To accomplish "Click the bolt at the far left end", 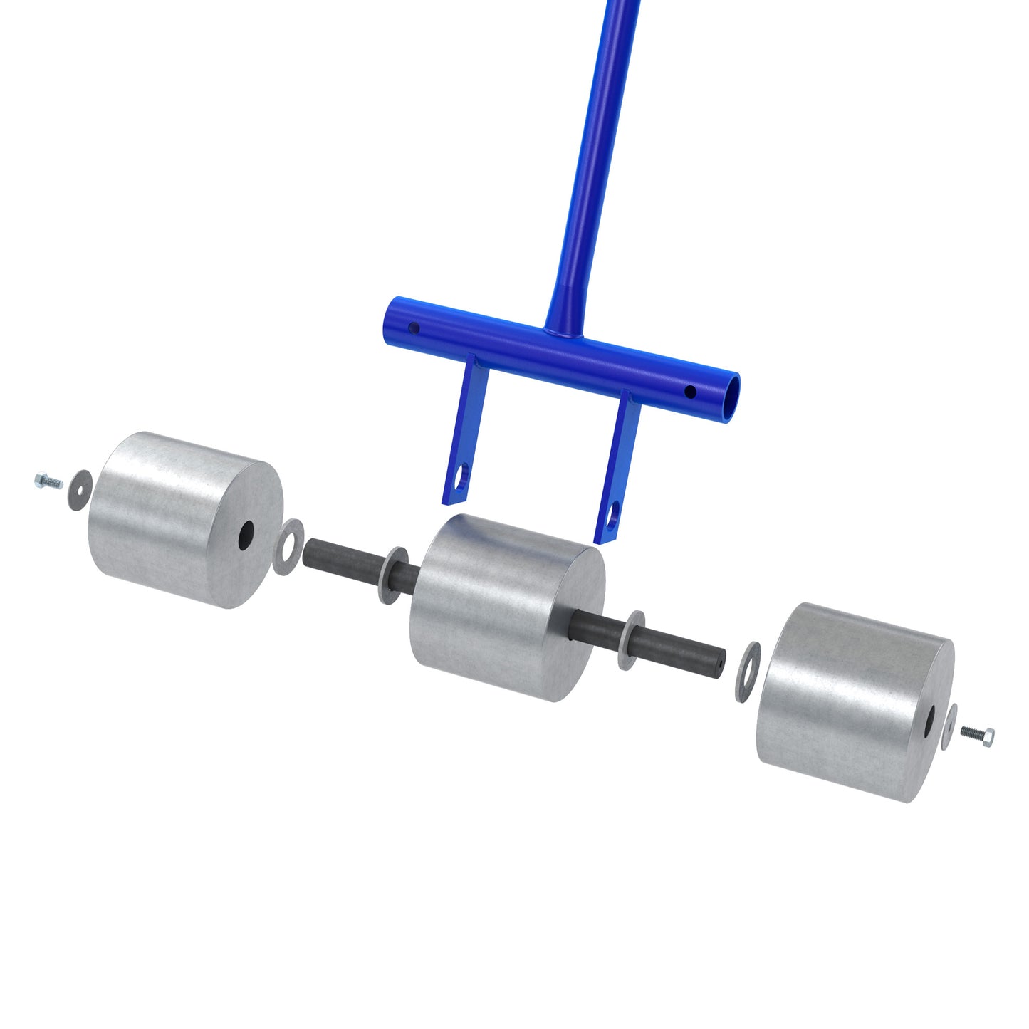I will (48, 482).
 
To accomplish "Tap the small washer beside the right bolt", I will (949, 726).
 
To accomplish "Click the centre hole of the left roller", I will (246, 534).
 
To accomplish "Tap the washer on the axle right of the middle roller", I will (630, 639).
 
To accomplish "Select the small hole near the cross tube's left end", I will (412, 329).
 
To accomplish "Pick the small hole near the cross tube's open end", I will (689, 391).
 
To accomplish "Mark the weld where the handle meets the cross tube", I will (563, 332).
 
